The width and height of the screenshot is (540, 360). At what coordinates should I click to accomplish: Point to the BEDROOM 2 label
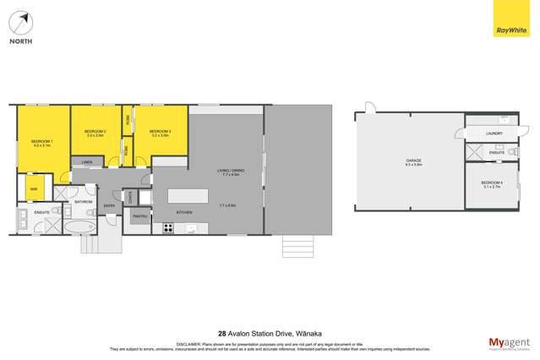click(95, 133)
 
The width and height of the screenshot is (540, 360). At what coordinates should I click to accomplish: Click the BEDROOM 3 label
click(160, 133)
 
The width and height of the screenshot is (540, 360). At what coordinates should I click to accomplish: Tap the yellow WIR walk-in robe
click(35, 188)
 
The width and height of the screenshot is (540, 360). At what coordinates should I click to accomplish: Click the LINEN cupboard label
click(87, 162)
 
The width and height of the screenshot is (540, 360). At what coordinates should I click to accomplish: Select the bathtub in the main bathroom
click(85, 230)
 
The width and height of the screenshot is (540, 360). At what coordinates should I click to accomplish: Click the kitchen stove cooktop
click(168, 228)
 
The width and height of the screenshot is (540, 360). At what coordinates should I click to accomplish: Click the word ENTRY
click(109, 205)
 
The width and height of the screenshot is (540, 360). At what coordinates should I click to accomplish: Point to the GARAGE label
click(413, 160)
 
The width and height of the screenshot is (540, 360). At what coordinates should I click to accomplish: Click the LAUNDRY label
click(495, 134)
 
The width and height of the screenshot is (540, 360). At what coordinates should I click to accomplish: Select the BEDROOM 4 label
click(492, 183)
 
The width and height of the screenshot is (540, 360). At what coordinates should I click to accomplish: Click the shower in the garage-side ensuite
click(479, 153)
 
